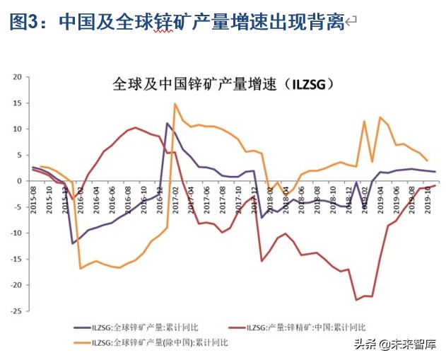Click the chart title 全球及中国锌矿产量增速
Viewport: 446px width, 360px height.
click(x=223, y=84)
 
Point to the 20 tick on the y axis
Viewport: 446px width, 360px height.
click(x=18, y=77)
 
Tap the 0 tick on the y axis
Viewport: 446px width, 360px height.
click(x=20, y=181)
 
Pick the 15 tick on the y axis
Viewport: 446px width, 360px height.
click(x=18, y=103)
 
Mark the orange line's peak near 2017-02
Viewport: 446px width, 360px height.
click(x=175, y=104)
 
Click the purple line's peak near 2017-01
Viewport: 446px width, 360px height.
click(x=168, y=123)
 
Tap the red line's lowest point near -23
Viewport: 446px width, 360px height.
click(x=357, y=300)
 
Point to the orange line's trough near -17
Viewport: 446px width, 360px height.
click(x=81, y=268)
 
